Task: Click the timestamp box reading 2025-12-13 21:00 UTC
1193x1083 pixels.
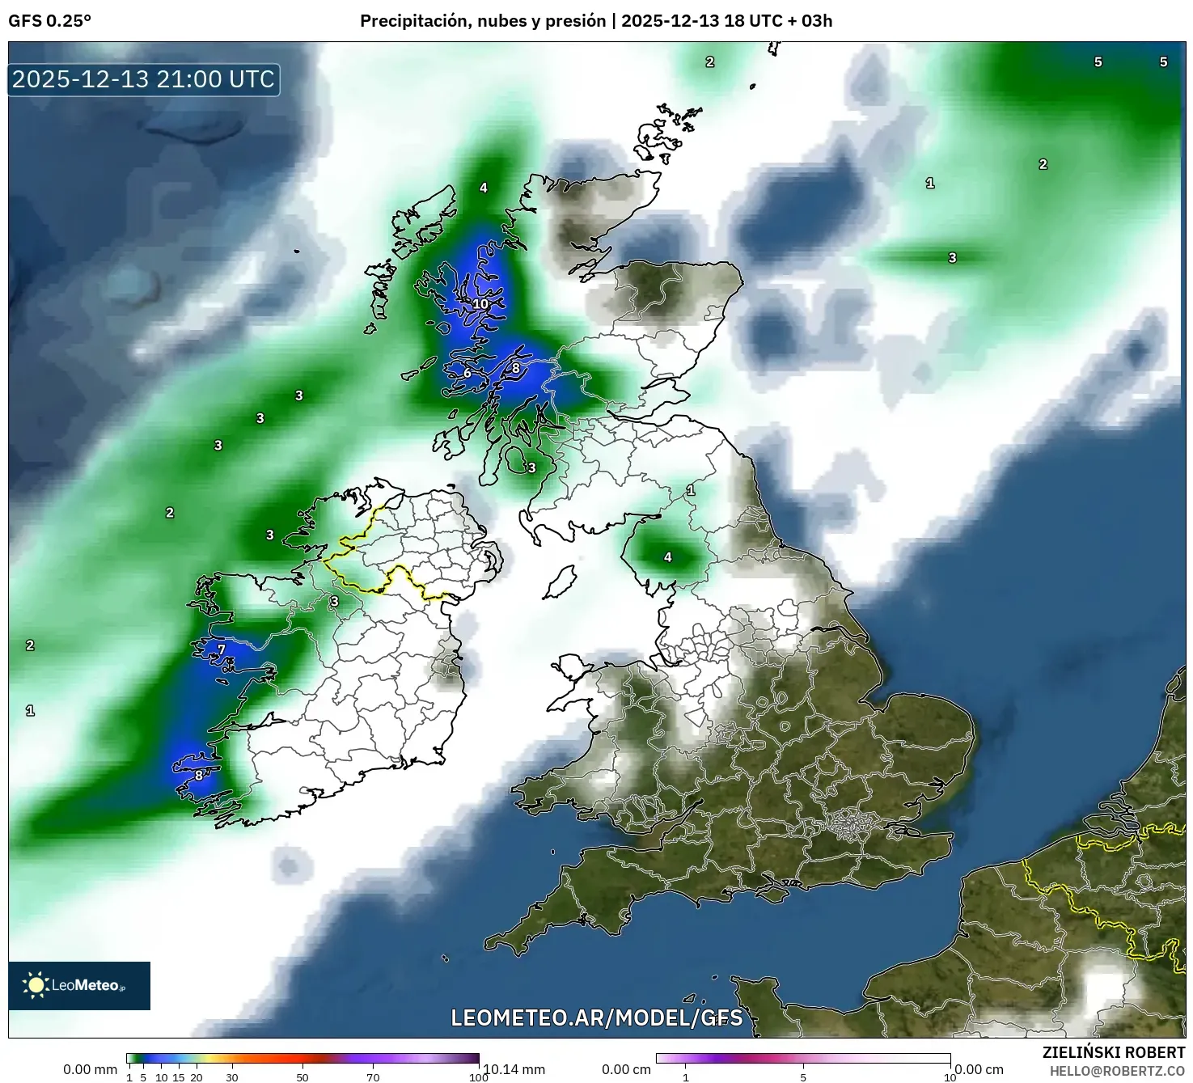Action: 144,79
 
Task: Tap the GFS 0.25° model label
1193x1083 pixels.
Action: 49,21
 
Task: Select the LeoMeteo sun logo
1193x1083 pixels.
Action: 36,985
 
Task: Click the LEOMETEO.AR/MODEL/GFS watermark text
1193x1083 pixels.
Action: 596,1017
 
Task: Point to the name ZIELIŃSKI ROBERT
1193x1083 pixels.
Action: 1113,1052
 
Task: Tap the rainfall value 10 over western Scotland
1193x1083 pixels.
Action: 480,304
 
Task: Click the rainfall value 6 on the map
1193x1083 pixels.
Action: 467,373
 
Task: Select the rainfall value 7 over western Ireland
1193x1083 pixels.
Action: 221,649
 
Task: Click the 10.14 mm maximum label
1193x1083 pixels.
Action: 513,1069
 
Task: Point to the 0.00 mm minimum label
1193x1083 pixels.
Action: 91,1069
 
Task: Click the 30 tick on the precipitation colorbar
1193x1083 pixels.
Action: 232,1077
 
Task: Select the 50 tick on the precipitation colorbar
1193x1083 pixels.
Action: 302,1077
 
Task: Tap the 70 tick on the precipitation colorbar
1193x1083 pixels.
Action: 373,1077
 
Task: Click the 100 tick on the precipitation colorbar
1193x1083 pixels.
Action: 478,1077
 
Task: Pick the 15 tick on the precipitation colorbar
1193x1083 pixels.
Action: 179,1077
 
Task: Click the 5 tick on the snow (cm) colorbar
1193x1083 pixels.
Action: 803,1077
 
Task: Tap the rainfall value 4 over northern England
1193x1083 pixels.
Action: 668,556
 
